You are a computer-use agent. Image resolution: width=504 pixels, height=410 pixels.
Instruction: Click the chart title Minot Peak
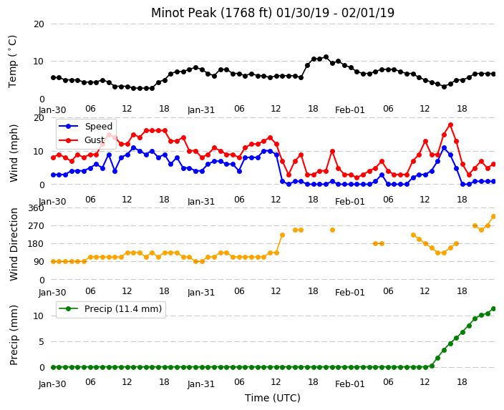tap(183, 13)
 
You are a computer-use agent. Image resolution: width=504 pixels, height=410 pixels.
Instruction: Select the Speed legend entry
tap(85, 126)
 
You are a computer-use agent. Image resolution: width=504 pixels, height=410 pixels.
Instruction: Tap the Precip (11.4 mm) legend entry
tap(110, 309)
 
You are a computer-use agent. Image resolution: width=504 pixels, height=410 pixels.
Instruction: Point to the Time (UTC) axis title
tap(273, 398)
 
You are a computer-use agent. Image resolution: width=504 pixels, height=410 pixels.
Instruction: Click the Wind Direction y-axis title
tap(14, 244)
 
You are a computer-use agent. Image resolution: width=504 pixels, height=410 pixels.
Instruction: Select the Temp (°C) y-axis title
tap(12, 62)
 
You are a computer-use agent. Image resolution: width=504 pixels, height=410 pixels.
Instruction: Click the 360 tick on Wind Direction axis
tap(36, 208)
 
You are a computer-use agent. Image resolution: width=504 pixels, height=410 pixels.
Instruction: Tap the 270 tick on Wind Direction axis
tap(36, 226)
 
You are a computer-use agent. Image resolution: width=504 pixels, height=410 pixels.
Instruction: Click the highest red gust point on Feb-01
tap(450, 125)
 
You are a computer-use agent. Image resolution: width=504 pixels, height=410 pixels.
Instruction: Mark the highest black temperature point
tap(326, 57)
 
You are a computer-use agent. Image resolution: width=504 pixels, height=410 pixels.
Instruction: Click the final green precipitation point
tap(494, 309)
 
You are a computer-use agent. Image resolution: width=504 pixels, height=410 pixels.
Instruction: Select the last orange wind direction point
tap(494, 217)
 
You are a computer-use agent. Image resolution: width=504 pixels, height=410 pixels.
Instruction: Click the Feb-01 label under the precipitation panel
tap(349, 384)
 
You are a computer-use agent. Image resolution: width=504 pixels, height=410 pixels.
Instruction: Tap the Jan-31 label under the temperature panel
tap(201, 110)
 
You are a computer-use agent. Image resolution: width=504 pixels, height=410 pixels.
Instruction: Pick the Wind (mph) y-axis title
tap(14, 153)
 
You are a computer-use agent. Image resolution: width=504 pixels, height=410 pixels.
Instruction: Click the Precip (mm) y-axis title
tap(14, 335)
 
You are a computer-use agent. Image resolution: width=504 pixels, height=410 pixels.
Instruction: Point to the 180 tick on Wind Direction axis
tap(36, 244)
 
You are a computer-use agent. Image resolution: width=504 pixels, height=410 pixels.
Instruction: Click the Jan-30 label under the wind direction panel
tap(52, 293)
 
